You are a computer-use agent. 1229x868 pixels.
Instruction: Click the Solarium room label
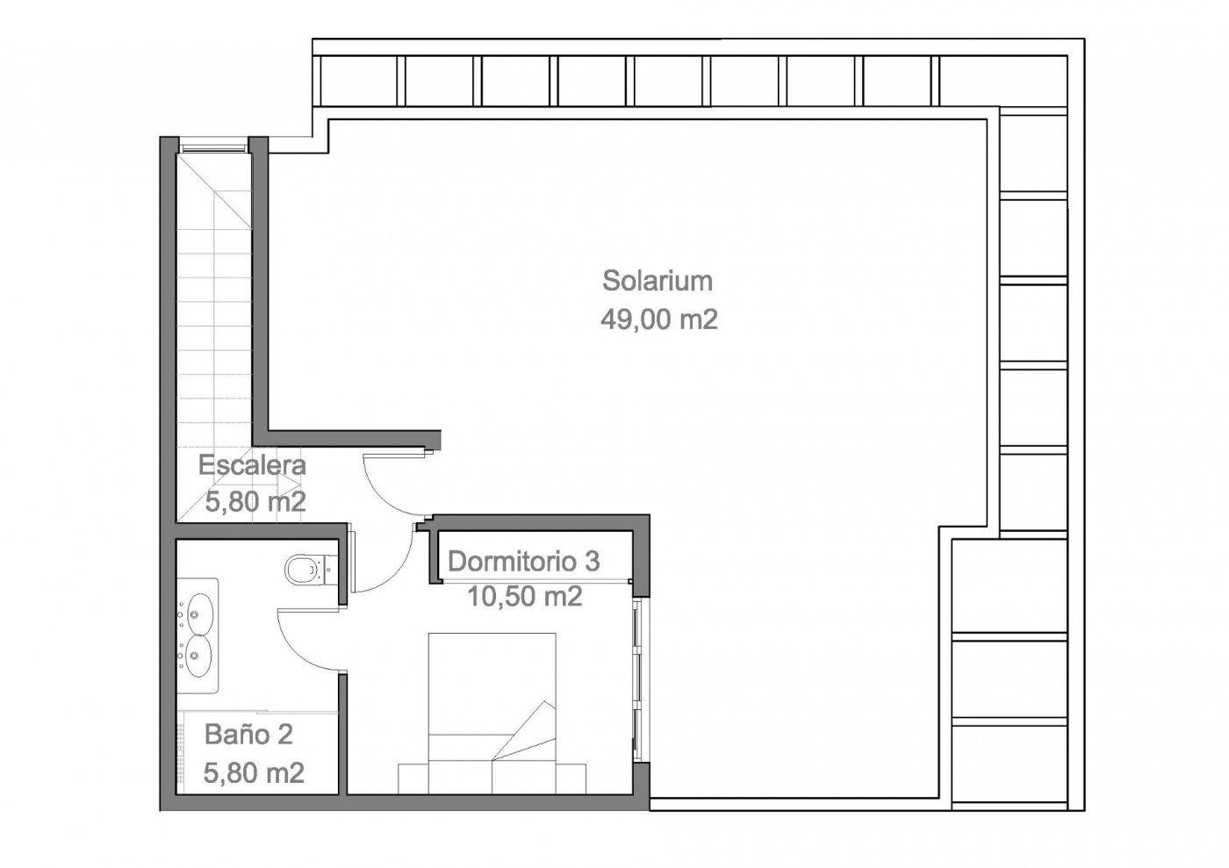click(657, 282)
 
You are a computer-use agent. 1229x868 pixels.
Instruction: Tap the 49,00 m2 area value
click(658, 319)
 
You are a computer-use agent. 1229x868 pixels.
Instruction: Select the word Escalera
click(252, 465)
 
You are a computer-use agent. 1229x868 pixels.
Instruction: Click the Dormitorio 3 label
click(523, 561)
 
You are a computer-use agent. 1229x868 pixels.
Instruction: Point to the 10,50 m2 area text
click(524, 597)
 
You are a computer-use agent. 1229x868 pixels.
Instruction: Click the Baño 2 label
click(248, 734)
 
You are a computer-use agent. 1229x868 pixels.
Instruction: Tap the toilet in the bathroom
click(304, 569)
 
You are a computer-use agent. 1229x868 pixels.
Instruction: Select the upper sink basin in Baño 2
click(199, 612)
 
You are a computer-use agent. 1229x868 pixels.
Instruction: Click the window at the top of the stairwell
click(213, 146)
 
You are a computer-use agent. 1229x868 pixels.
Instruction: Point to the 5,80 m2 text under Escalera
click(255, 503)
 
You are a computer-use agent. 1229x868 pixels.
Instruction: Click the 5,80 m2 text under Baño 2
click(254, 773)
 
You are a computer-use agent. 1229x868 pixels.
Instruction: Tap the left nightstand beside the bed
click(413, 778)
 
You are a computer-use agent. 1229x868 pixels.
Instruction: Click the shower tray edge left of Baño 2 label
click(182, 750)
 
